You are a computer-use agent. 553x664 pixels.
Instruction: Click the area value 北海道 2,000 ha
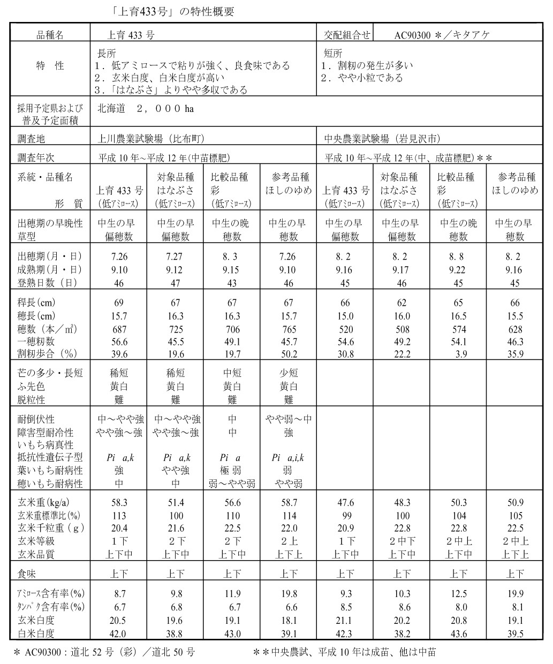(x=145, y=109)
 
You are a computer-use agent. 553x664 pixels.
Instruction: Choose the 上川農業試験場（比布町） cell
(x=151, y=138)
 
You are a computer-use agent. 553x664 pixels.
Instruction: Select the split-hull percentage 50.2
(x=289, y=354)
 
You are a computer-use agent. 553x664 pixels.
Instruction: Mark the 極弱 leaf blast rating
(x=232, y=471)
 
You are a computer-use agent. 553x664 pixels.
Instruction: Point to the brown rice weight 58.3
(x=118, y=503)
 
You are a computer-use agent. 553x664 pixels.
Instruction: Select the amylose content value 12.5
(x=458, y=594)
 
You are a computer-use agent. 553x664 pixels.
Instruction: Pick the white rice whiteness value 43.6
(x=458, y=633)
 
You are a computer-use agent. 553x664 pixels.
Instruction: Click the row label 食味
(x=27, y=574)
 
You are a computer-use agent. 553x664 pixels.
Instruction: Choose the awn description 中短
(x=232, y=373)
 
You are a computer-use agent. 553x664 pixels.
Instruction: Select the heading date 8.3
(x=232, y=256)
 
